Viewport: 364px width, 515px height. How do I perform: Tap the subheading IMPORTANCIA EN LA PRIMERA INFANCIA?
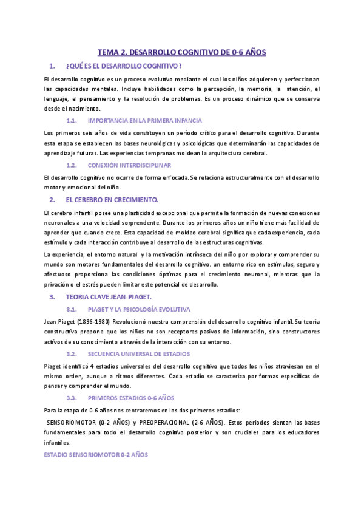[x=144, y=121]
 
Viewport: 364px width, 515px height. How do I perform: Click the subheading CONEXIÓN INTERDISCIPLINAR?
[x=129, y=165]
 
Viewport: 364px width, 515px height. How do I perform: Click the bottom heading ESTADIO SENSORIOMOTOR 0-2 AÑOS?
[x=96, y=455]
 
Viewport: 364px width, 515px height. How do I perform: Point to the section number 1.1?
[x=71, y=121]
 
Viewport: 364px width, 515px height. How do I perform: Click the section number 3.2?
[x=71, y=353]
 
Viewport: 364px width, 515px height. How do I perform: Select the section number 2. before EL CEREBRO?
[x=52, y=200]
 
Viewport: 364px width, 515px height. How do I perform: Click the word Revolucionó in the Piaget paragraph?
[x=146, y=321]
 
